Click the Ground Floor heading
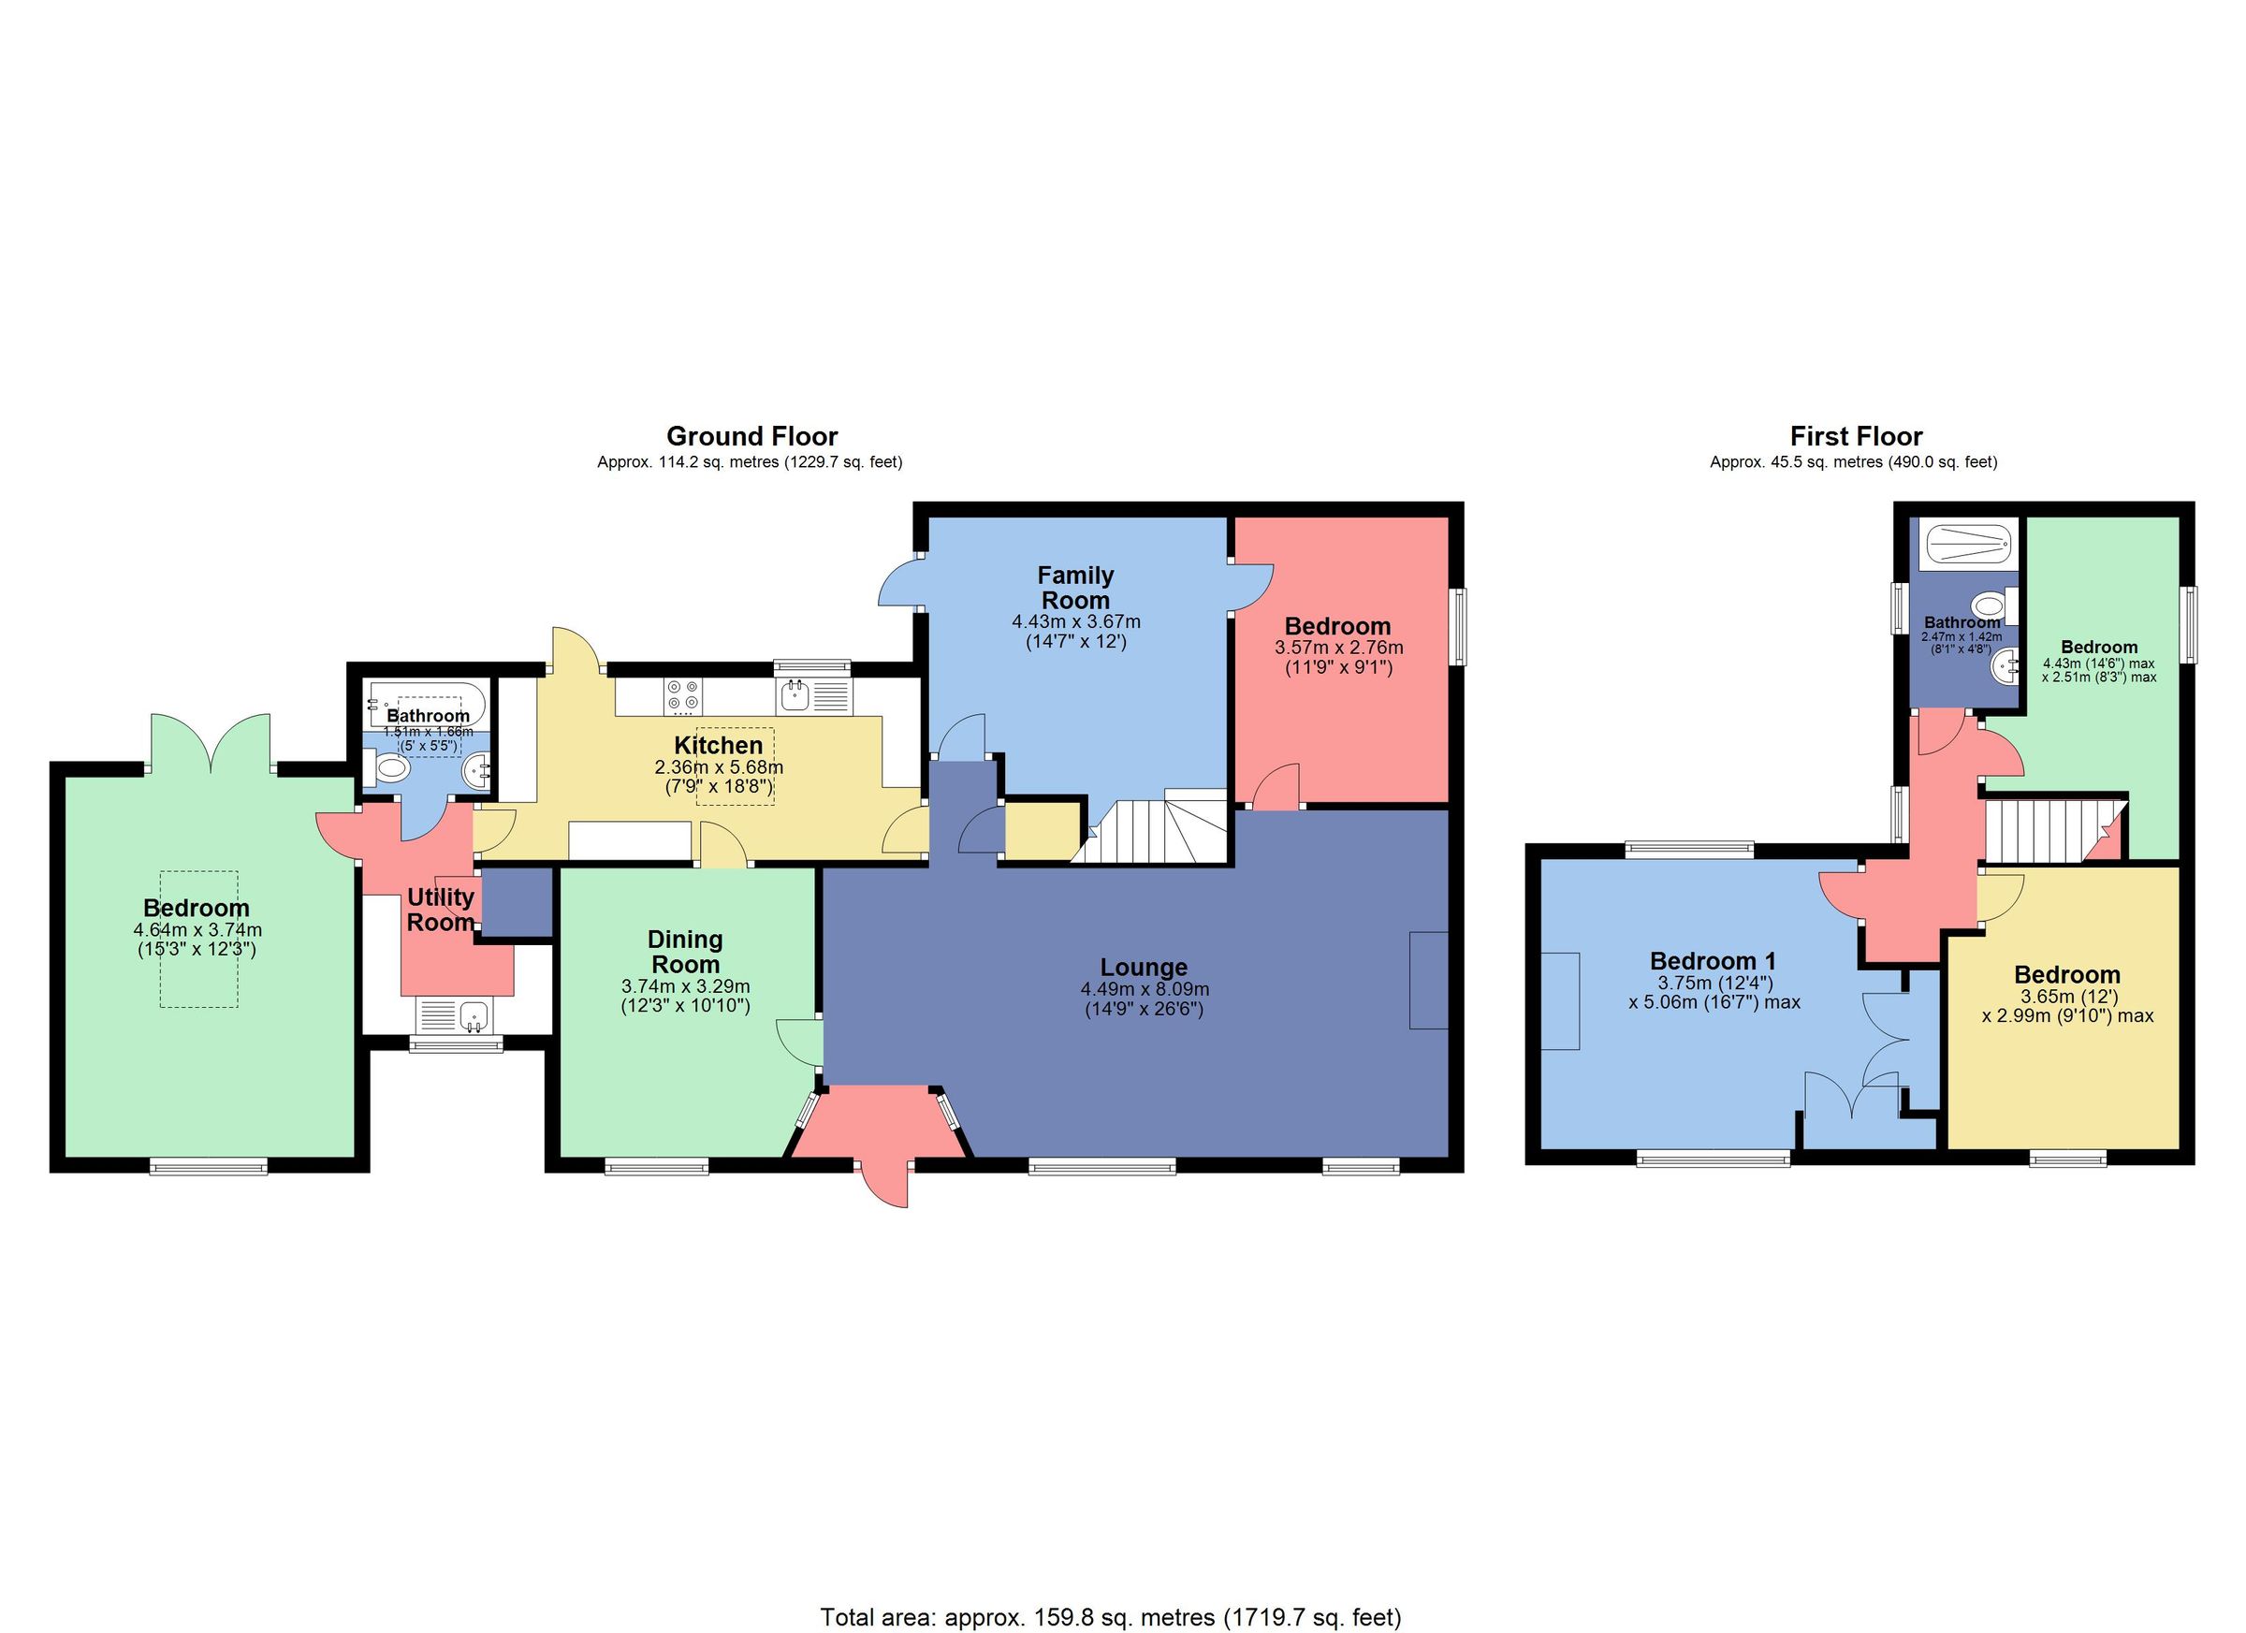[751, 437]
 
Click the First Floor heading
[1856, 437]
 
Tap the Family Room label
[1075, 588]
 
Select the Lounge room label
[1144, 967]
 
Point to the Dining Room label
[685, 951]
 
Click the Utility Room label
[441, 909]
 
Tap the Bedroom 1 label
[1714, 960]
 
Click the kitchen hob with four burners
[683, 695]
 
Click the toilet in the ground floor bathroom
[391, 769]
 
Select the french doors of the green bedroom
[210, 745]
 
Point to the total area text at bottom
[1110, 1617]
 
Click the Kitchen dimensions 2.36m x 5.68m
[718, 766]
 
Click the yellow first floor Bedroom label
[2066, 974]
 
